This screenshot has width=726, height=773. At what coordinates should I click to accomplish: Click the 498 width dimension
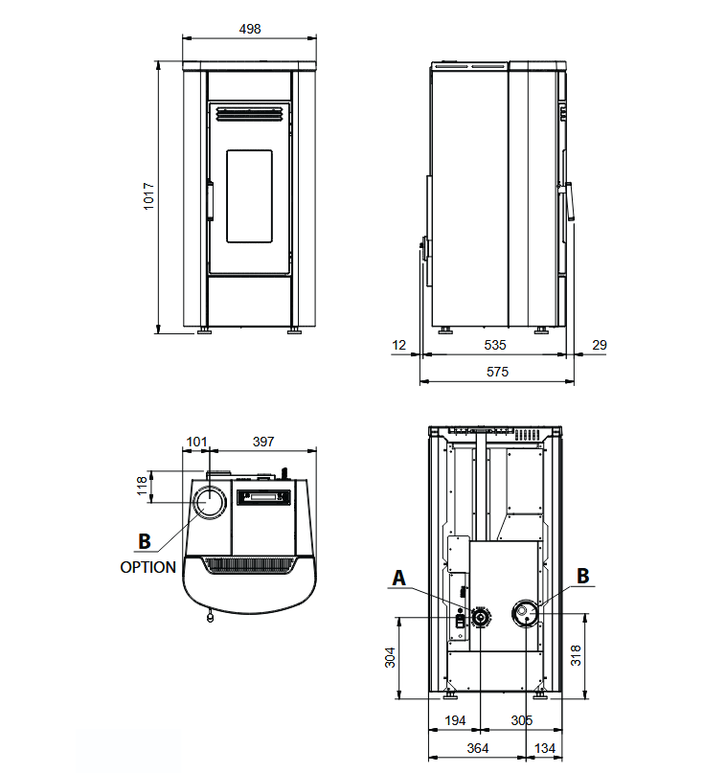point(250,29)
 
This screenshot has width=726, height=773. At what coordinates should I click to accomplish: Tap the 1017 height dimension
point(148,196)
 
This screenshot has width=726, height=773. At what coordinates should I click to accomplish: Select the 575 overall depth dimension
point(497,372)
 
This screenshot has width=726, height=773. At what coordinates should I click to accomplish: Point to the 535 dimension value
point(495,345)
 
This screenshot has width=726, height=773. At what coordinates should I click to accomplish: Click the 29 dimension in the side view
point(600,345)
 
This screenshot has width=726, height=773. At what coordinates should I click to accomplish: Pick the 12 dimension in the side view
point(398,345)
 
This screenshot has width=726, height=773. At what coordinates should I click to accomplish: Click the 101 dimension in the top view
point(196,442)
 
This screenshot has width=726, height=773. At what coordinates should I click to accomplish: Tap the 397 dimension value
point(263,442)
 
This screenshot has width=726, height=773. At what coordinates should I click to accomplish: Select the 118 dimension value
point(142,486)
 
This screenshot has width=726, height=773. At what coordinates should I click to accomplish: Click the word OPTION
point(147,567)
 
